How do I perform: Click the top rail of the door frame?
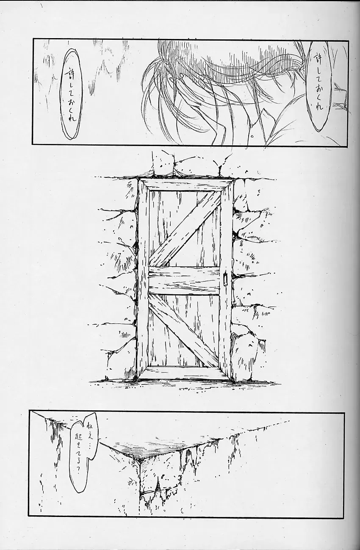coord(186,184)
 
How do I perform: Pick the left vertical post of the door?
coord(143,279)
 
